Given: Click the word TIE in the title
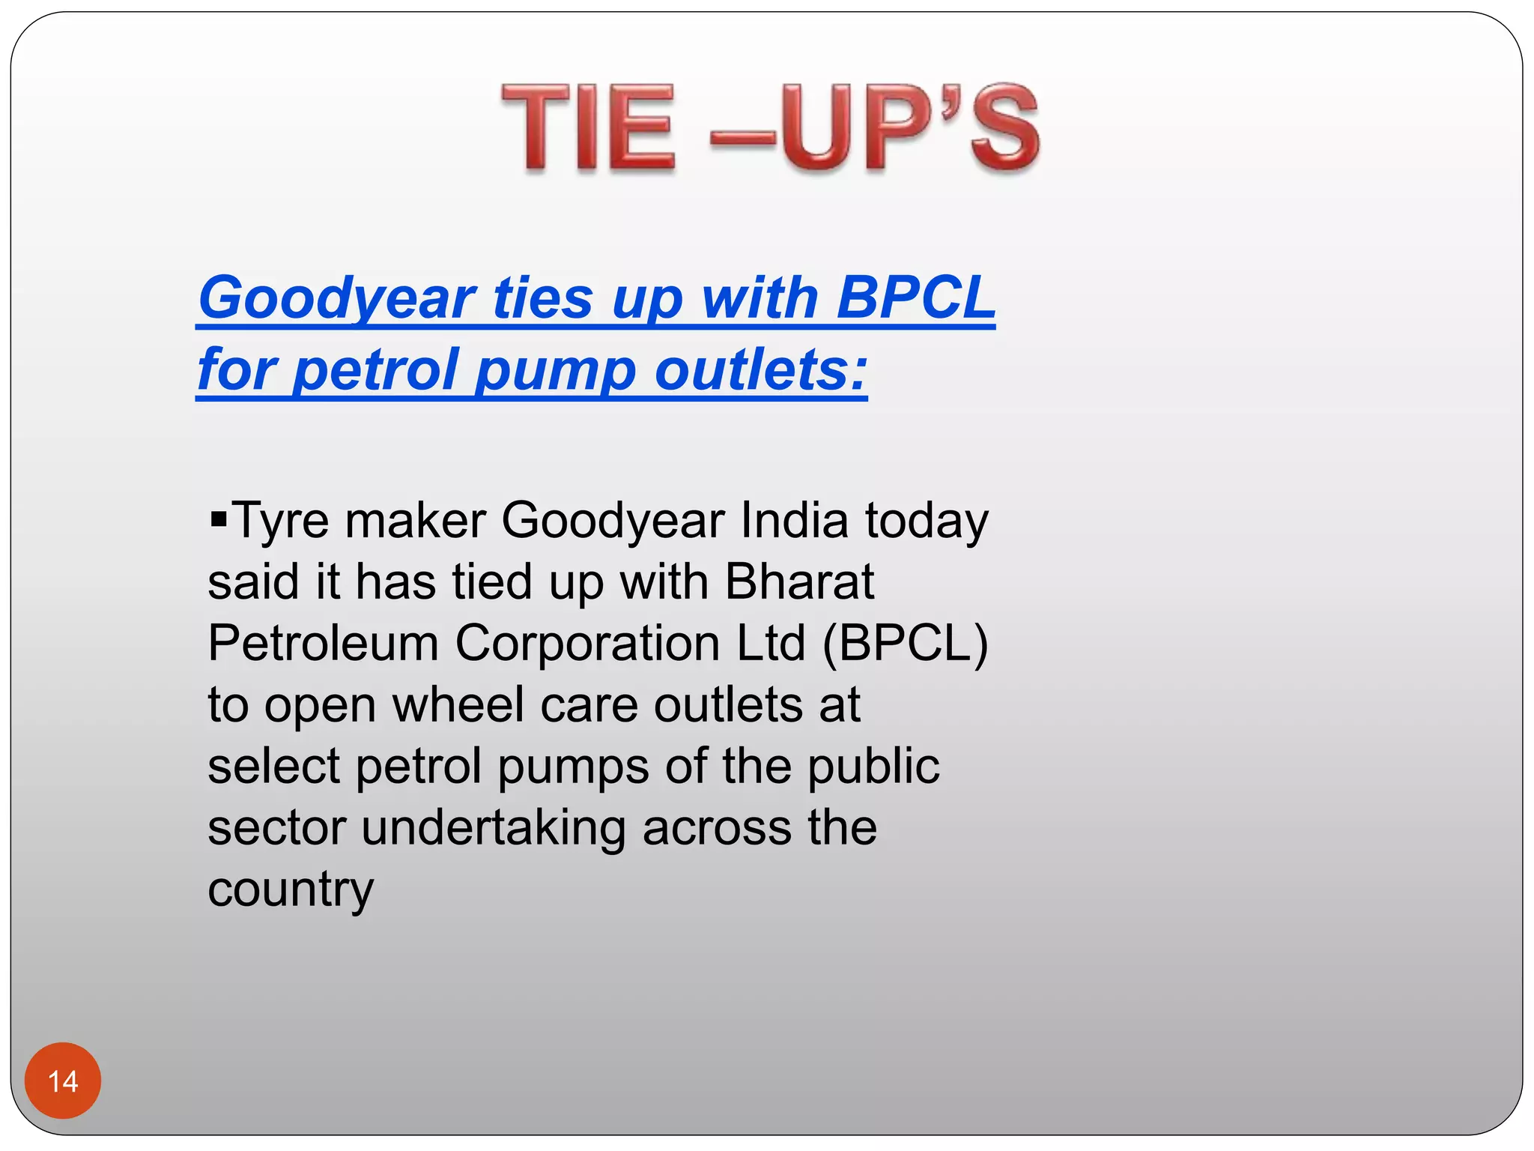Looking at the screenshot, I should pos(589,128).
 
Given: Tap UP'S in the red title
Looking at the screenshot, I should pos(910,128).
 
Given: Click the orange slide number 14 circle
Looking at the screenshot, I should pos(63,1081).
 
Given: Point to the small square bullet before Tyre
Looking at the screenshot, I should pos(219,518).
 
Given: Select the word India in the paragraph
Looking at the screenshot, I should pos(794,520).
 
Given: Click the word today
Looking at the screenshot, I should pos(927,522).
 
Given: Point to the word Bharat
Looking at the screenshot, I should pos(799,581).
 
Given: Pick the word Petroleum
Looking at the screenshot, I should pos(323,643).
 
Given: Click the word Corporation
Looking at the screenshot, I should pos(587,643).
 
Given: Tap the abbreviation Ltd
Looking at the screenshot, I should pos(771,643).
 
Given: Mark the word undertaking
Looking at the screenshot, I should pos(494,829).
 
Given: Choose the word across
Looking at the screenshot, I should pos(717,827).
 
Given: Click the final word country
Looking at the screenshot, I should pos(291,890).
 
